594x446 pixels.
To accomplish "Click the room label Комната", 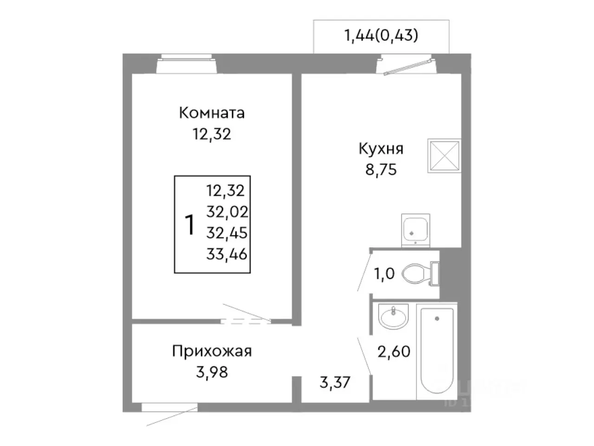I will pyautogui.click(x=212, y=113).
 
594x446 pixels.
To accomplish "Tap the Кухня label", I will pyautogui.click(x=381, y=149).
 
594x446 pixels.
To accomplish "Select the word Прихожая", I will pyautogui.click(x=212, y=351).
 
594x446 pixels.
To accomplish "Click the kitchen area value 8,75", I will pyautogui.click(x=381, y=170).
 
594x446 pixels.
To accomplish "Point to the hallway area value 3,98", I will pyautogui.click(x=212, y=372).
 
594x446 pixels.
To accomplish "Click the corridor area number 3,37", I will pyautogui.click(x=335, y=383).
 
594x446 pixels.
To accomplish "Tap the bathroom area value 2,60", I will pyautogui.click(x=394, y=351).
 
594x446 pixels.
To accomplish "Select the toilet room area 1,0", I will pyautogui.click(x=384, y=274).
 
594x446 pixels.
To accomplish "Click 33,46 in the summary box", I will pyautogui.click(x=227, y=254).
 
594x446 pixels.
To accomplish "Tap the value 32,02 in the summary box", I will pyautogui.click(x=227, y=212).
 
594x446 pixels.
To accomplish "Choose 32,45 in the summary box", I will pyautogui.click(x=227, y=233).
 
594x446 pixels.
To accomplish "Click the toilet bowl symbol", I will pyautogui.click(x=415, y=273).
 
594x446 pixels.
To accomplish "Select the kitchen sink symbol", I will pyautogui.click(x=415, y=230).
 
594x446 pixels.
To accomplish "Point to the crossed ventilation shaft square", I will pyautogui.click(x=444, y=156).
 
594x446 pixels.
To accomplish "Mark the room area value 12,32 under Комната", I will pyautogui.click(x=212, y=134).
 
